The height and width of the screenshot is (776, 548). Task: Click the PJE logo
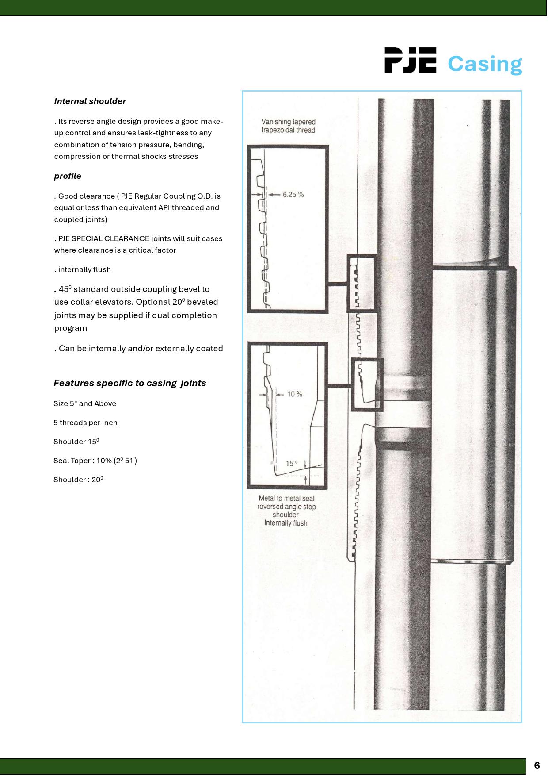(x=410, y=61)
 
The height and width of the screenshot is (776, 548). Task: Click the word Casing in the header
(x=484, y=64)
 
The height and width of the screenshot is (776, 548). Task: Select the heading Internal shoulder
(x=90, y=101)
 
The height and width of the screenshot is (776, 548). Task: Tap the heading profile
(x=68, y=176)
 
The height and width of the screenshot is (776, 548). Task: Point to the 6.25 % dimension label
(x=293, y=195)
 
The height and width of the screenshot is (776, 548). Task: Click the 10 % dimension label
(x=294, y=394)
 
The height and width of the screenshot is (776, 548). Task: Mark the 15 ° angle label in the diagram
(x=292, y=464)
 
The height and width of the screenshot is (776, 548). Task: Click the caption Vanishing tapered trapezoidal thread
(x=288, y=126)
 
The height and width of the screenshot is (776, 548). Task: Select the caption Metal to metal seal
(x=286, y=499)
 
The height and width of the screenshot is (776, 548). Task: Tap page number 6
(x=537, y=766)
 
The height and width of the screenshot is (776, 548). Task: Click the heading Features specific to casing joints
(x=129, y=383)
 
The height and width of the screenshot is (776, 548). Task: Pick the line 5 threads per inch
(x=85, y=423)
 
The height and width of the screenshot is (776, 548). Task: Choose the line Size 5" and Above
(x=85, y=404)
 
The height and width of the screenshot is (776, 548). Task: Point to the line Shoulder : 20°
(x=78, y=480)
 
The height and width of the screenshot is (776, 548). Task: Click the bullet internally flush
(x=84, y=270)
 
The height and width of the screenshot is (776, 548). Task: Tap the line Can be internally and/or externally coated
(x=140, y=349)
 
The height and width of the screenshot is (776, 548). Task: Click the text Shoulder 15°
(x=76, y=442)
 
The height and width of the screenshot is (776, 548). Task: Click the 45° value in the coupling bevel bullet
(x=65, y=289)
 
